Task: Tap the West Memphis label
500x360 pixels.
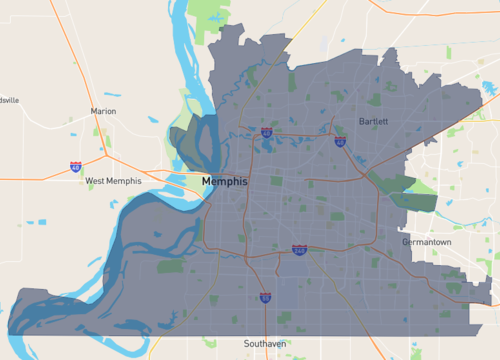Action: click(109, 181)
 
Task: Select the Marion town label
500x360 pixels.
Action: click(103, 111)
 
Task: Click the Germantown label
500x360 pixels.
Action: click(427, 242)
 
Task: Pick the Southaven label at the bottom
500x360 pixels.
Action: click(263, 343)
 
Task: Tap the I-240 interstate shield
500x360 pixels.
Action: click(299, 249)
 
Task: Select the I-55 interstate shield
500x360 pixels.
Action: click(265, 296)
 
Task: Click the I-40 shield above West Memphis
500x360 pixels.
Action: click(77, 166)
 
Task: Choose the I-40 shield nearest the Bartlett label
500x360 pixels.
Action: click(340, 141)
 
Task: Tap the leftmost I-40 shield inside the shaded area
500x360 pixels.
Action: click(266, 131)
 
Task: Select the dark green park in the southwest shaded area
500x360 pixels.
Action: click(170, 266)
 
